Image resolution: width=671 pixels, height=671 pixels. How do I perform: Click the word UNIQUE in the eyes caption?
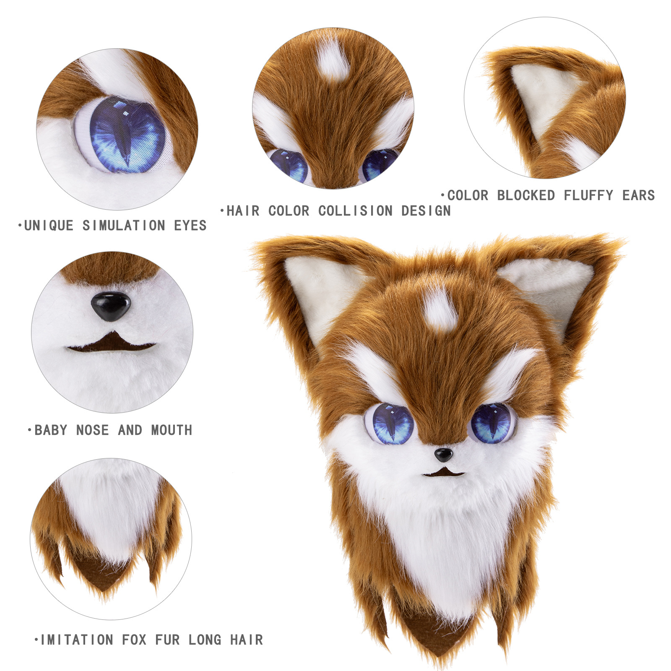[49, 226]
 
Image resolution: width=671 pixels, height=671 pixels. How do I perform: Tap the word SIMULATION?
[124, 226]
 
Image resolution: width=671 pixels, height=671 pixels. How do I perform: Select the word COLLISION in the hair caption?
[355, 211]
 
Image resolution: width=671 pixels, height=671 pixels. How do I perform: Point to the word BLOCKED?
[526, 195]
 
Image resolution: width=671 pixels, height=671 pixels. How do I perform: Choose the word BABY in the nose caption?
[51, 430]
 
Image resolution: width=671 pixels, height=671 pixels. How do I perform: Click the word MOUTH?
[172, 430]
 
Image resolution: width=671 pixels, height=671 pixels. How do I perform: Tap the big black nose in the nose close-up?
[111, 306]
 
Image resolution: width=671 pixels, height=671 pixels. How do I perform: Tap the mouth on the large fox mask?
[444, 473]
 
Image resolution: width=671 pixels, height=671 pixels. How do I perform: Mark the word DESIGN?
[426, 211]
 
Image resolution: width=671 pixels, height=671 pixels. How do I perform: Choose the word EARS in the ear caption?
[638, 195]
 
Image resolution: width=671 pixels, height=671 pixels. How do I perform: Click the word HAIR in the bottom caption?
[247, 640]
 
